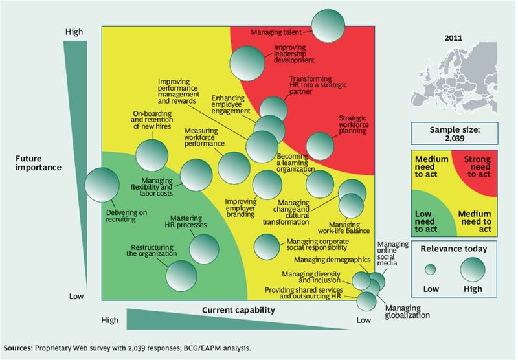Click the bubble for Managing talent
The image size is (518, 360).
(328, 27)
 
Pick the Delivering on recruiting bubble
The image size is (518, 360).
(102, 184)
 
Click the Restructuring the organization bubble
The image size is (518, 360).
(181, 275)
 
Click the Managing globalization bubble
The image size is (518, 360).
(367, 301)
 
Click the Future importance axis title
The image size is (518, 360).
(39, 162)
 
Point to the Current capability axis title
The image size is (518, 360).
(238, 311)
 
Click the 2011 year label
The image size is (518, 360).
(453, 38)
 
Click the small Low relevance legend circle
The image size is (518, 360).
(430, 270)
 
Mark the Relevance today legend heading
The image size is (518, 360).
(453, 248)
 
